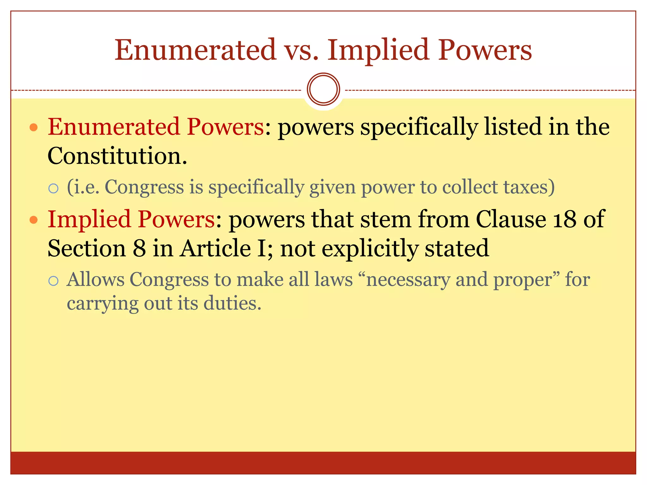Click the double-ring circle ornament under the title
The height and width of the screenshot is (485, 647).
click(x=323, y=89)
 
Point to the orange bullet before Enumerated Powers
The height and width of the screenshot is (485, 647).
click(x=33, y=128)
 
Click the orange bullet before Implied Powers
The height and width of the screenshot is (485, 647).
click(x=33, y=220)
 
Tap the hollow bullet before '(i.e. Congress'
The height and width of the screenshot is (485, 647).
click(x=54, y=189)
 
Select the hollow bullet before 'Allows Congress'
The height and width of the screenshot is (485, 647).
click(x=54, y=281)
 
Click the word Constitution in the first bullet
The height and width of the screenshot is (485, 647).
click(x=117, y=156)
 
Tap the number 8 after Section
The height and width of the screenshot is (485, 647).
click(x=139, y=248)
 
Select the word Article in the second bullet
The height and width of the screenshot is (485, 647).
click(x=215, y=248)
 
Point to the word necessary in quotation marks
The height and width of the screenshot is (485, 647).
click(x=408, y=280)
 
